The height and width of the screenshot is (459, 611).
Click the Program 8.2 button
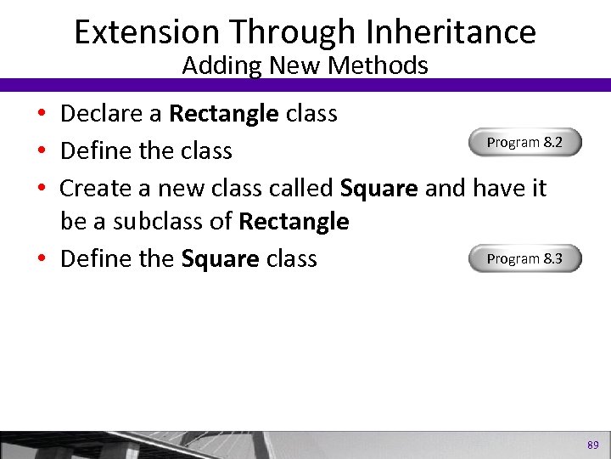524,143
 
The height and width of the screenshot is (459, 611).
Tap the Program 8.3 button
524,258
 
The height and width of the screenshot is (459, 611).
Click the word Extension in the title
147,32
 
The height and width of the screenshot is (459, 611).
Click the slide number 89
592,444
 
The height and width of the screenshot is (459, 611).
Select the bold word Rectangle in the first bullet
223,114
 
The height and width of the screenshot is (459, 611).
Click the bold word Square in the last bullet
220,258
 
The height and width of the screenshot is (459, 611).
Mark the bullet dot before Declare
42,115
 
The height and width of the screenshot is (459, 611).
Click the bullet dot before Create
42,188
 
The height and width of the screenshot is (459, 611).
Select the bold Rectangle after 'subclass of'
294,222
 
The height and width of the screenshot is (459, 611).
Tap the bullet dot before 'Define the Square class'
42,259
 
